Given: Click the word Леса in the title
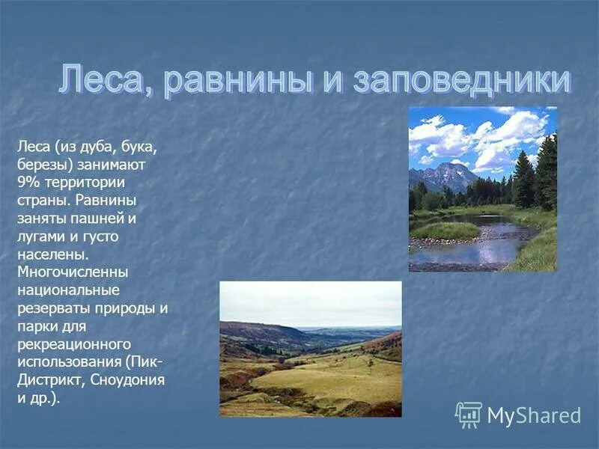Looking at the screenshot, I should (105, 81).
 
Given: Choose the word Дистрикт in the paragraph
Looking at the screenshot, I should (50, 379).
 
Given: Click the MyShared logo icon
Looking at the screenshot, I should (469, 415).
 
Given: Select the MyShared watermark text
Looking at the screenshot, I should (533, 415).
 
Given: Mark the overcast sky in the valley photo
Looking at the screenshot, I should (310, 302).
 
